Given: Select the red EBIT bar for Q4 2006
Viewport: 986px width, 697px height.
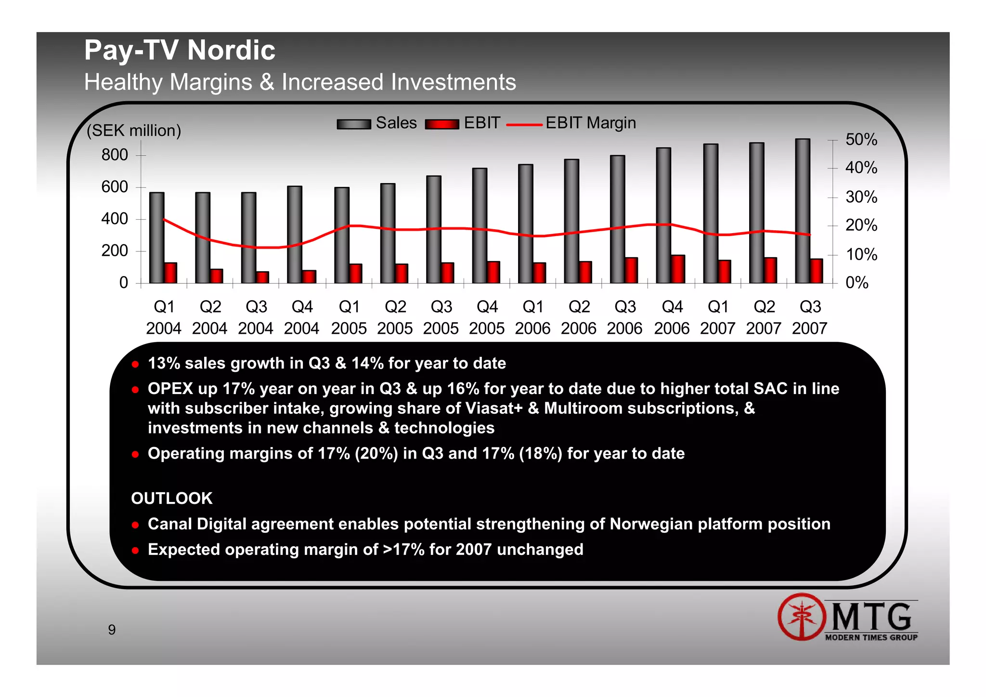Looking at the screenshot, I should [678, 269].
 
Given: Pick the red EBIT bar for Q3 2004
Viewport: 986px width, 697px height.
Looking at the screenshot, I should [262, 277].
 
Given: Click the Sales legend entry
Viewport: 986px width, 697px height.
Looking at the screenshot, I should [377, 123].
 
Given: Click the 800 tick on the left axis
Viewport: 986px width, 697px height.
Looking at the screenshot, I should [115, 155].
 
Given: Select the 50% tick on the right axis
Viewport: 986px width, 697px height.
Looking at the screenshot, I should [861, 140].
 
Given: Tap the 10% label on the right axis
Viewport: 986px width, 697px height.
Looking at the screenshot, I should [861, 254].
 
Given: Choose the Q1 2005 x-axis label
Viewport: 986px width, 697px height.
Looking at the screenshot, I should [349, 317].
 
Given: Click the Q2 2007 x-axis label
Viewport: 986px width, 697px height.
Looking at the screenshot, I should [764, 317].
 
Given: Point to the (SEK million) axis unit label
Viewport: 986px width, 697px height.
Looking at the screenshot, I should [134, 131].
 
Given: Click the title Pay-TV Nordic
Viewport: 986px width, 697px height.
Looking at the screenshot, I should [180, 50].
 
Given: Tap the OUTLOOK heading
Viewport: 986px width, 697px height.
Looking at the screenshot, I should [172, 498].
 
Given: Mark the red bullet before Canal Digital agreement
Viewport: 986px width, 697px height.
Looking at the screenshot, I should [135, 525].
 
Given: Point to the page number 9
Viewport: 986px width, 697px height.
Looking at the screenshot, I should [112, 630].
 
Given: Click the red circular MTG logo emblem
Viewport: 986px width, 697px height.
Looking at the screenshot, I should [802, 617].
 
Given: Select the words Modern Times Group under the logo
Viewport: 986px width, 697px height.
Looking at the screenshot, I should [871, 637].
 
